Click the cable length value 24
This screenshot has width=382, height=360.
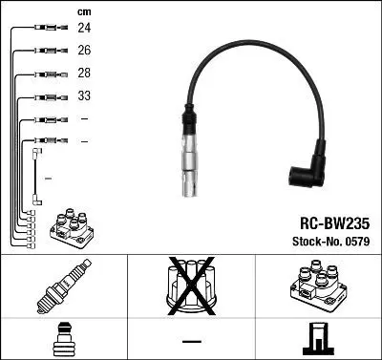click(x=84, y=29)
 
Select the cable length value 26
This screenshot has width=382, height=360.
click(x=84, y=51)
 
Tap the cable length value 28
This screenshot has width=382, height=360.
click(x=84, y=74)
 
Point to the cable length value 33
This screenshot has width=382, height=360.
click(x=84, y=95)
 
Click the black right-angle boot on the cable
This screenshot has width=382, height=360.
click(x=308, y=169)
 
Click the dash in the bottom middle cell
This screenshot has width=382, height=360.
click(x=191, y=340)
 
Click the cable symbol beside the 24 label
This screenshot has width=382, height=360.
click(x=47, y=29)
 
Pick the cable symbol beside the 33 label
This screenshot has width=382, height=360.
click(x=47, y=95)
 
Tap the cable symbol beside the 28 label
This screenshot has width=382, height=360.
click(x=47, y=74)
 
